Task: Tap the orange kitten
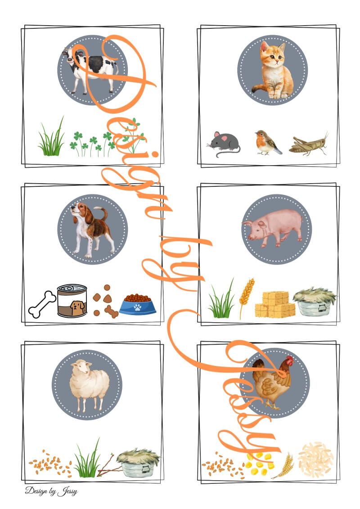pos(273,72)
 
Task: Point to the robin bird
pos(267,143)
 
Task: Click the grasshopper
pos(309,144)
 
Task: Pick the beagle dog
pos(93,229)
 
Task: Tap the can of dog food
pos(72,301)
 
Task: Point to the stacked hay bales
pos(275,304)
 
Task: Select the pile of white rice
pos(315,459)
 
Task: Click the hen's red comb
pos(289,360)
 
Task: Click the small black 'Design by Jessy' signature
pos(51,491)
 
